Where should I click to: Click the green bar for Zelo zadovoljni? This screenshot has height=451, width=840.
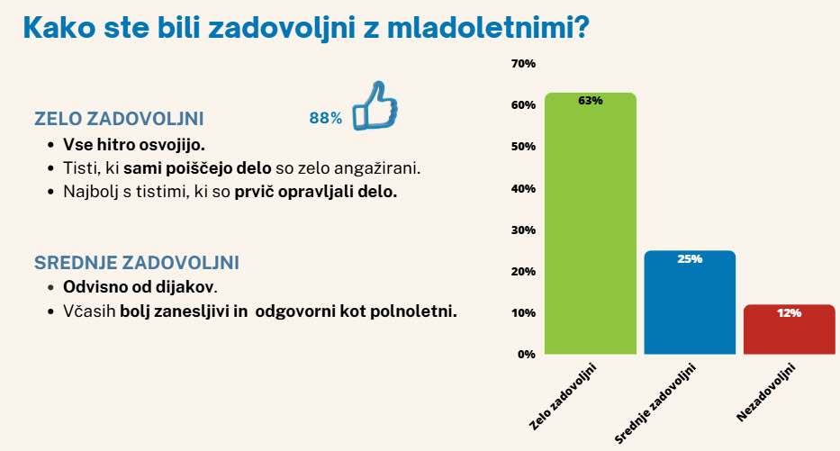coord(591,223)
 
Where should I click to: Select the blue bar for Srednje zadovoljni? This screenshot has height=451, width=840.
coord(690,302)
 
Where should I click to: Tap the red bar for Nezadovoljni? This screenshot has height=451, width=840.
coord(789,329)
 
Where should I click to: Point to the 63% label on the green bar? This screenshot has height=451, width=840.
coord(591,101)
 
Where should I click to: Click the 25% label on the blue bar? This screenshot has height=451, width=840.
coord(690,258)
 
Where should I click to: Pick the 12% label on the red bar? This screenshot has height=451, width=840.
coord(789,312)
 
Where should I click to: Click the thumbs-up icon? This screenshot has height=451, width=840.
coord(375,105)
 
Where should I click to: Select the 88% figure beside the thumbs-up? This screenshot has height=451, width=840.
coord(326,118)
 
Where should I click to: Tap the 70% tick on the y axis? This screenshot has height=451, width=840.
coord(523,64)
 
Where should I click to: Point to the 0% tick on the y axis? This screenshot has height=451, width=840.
coord(527,354)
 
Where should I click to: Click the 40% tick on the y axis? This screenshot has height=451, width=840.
coord(523,188)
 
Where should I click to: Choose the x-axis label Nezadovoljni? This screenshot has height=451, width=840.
coord(766,392)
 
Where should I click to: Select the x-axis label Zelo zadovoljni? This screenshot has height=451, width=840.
coord(563,396)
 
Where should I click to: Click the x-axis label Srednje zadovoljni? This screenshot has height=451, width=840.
coord(655,403)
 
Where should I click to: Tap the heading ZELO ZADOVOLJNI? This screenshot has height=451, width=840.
coord(119,119)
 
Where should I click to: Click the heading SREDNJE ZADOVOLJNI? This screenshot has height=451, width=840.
coord(137,263)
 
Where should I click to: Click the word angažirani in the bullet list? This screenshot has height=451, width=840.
coord(377,168)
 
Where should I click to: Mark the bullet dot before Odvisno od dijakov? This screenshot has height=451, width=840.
coord(51,287)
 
